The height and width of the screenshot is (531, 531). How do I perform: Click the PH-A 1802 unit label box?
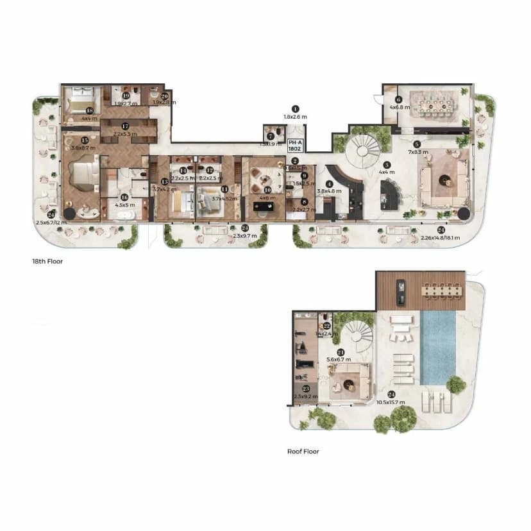[296, 145]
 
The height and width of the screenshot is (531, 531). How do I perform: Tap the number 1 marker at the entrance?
[295, 109]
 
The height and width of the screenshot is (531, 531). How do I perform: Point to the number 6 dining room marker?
[398, 99]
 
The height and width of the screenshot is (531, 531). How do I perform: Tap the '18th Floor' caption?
[47, 262]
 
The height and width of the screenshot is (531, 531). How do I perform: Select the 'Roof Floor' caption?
[303, 451]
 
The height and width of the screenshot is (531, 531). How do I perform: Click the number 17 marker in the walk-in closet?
[126, 126]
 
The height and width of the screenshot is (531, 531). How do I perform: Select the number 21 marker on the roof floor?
[341, 352]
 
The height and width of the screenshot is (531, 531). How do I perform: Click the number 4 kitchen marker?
[329, 184]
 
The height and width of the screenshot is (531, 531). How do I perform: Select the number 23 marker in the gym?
[305, 389]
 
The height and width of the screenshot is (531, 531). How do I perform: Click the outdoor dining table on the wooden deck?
[440, 290]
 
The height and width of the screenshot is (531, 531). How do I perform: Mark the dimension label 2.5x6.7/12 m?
[52, 223]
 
